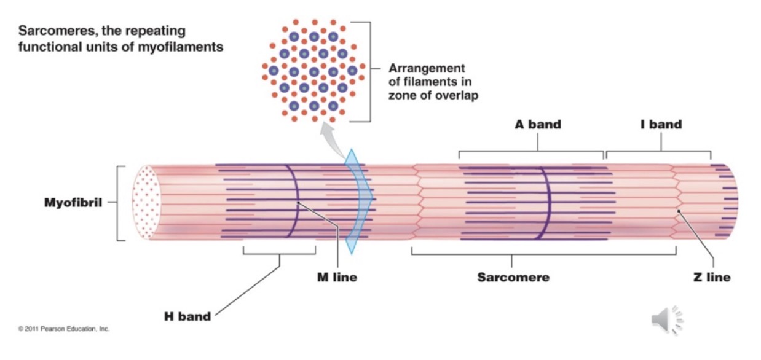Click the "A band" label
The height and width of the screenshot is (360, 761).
[537, 124]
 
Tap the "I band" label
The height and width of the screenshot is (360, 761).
[661, 124]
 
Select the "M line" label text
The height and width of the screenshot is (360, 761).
[336, 277]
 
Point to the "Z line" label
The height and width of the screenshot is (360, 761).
[711, 277]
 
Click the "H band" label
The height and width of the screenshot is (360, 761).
[187, 317]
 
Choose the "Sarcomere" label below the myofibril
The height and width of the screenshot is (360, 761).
[513, 277]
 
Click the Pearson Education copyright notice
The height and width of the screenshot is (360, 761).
[64, 329]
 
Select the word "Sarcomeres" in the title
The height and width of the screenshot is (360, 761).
[53, 31]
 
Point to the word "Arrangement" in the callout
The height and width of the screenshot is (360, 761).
[427, 68]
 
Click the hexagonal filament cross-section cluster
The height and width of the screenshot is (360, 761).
[313, 71]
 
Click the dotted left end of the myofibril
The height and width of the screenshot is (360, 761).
[147, 202]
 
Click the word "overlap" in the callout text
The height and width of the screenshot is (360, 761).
[455, 95]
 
